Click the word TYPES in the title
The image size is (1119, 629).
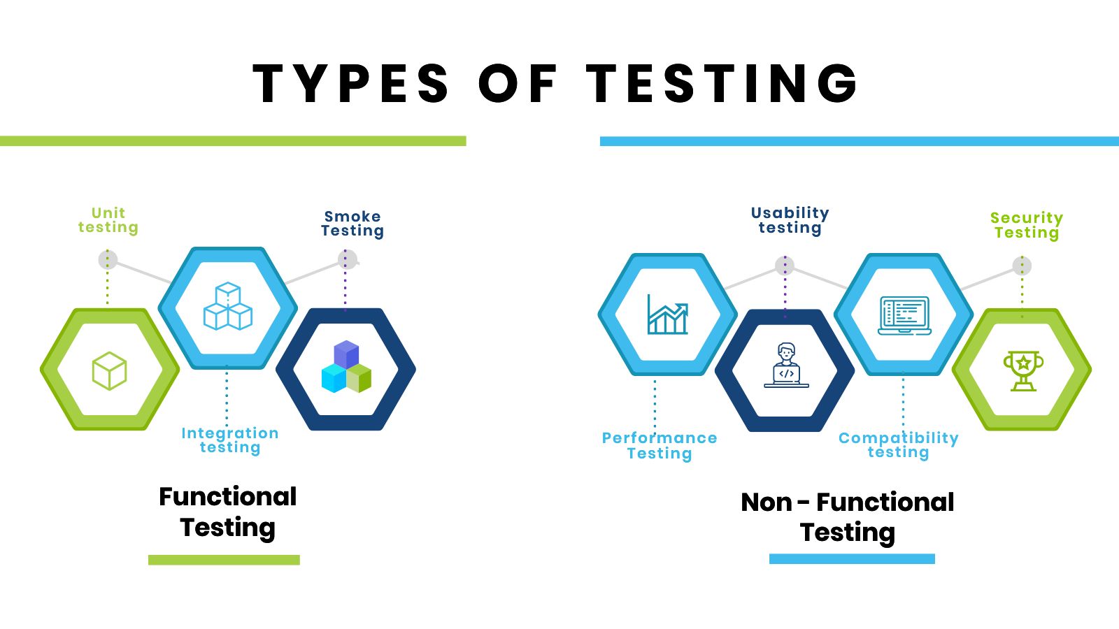point(350,83)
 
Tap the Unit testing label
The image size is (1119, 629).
point(108,220)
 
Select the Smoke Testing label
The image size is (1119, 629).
point(352,224)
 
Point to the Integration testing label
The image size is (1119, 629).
point(230,440)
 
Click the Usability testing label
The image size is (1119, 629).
point(790,220)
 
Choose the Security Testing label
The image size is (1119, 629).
point(1027,225)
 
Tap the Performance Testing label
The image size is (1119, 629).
point(660,445)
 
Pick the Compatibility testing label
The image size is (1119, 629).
point(899,445)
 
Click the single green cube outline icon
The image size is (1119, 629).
point(110,370)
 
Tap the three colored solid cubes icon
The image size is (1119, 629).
point(346,368)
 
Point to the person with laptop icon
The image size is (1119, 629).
point(786,365)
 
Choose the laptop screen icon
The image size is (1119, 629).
point(904,315)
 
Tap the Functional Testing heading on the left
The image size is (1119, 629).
point(228,512)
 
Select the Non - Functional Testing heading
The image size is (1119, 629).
point(848,517)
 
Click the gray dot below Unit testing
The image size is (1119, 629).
point(108,260)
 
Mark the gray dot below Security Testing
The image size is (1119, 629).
point(1022,266)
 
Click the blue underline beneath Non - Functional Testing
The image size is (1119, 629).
point(852,558)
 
